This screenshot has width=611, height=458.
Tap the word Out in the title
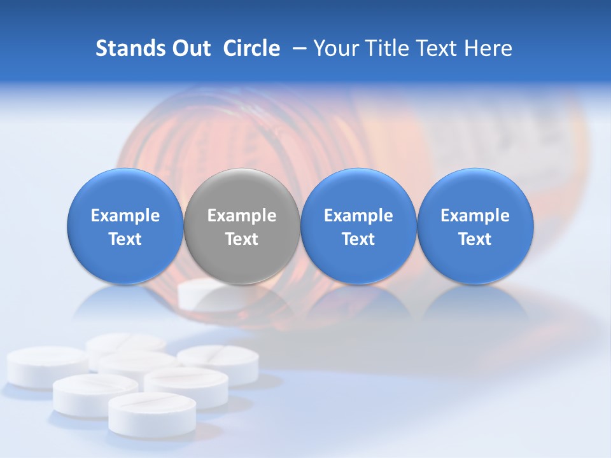[x=189, y=48]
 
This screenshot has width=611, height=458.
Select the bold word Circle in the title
[x=251, y=48]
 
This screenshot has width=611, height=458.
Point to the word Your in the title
[x=335, y=48]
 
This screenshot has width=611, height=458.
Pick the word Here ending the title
[x=489, y=48]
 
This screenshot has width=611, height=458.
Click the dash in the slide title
[x=297, y=48]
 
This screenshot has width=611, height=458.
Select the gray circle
[x=242, y=226]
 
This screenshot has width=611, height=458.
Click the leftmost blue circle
[x=125, y=226]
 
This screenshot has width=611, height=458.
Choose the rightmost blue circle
[x=475, y=226]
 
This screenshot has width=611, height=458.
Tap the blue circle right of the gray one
[x=358, y=226]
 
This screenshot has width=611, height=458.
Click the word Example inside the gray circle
[x=242, y=216]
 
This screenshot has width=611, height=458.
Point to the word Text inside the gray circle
[x=242, y=239]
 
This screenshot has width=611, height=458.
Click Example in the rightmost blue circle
[x=475, y=216]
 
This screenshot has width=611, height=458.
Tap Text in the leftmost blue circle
[x=125, y=239]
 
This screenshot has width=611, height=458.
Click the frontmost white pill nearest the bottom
[x=152, y=413]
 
